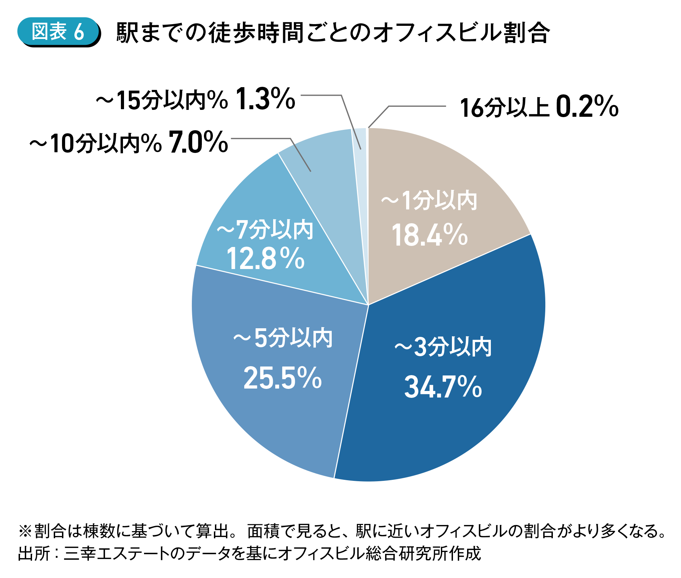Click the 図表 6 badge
(58, 32)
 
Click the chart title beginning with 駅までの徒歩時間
(333, 33)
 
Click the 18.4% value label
(430, 235)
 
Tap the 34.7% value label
(443, 387)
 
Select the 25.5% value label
(282, 378)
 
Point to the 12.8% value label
(265, 258)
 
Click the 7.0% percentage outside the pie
(198, 142)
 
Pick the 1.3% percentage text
(266, 99)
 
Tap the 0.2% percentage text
(587, 107)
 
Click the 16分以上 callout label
(505, 108)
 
